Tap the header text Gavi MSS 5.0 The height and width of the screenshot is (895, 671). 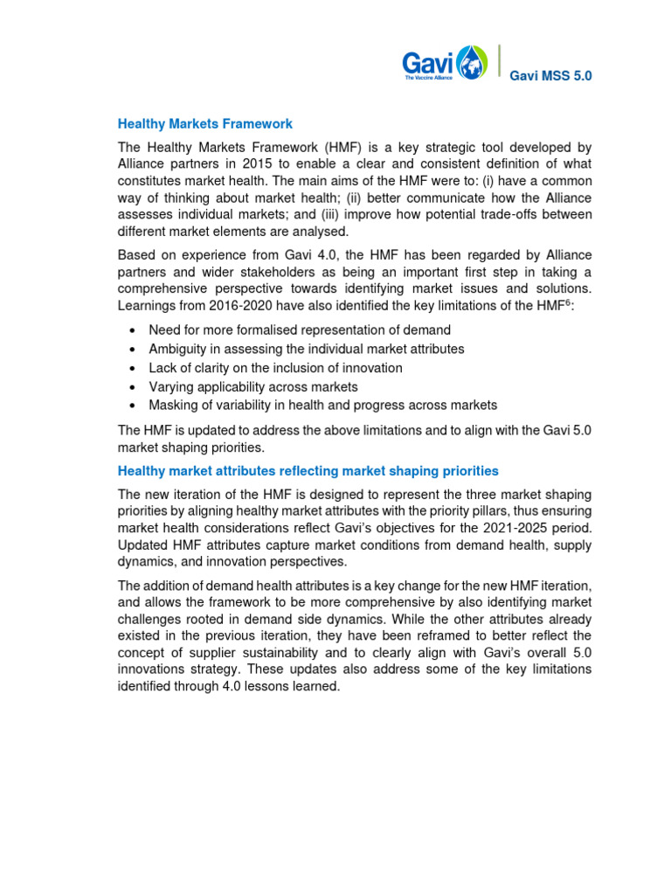[550, 76]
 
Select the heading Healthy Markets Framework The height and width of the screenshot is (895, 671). [205, 124]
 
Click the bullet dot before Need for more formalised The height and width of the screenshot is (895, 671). [131, 330]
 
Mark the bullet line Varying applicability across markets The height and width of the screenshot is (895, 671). [252, 386]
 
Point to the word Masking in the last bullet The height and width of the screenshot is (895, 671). [174, 405]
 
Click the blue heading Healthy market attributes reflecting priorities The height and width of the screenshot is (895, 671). [308, 470]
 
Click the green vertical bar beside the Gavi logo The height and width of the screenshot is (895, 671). [499, 62]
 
